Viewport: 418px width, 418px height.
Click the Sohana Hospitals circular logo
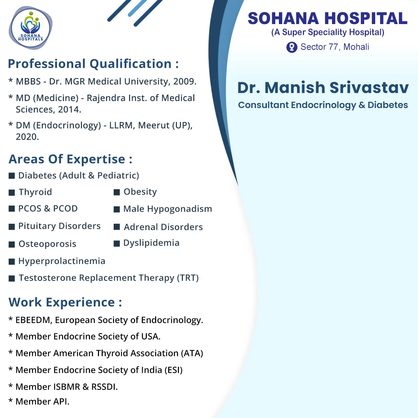[30, 28]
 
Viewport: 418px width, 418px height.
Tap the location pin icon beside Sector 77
[292, 47]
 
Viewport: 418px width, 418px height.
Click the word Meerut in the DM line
[154, 125]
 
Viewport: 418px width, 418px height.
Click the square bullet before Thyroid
[12, 192]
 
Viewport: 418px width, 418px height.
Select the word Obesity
[140, 192]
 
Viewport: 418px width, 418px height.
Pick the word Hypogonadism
[179, 209]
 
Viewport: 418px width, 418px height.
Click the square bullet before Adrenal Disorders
[117, 227]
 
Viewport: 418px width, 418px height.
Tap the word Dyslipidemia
[151, 243]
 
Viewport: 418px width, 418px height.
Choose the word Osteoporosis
[47, 244]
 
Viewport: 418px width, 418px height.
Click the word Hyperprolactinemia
[62, 261]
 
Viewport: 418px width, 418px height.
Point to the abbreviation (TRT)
[188, 278]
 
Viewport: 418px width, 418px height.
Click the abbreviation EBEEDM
[33, 320]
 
